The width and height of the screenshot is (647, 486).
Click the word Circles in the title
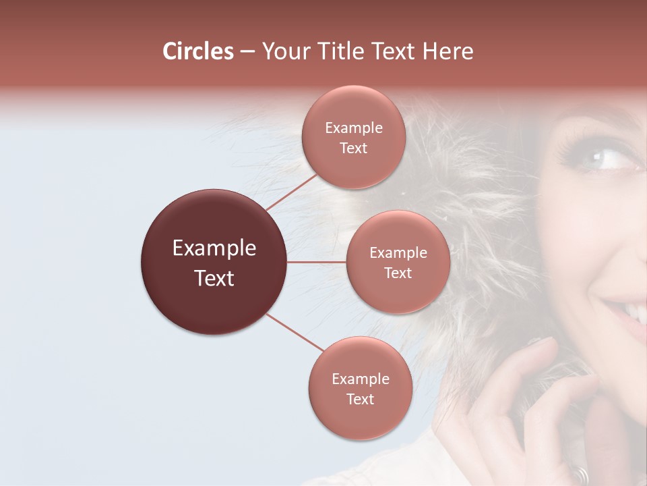click(198, 51)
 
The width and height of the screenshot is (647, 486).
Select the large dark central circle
click(214, 262)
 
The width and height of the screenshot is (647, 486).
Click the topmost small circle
click(354, 137)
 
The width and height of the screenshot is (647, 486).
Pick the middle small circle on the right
click(398, 262)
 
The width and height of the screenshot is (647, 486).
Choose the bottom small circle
click(360, 388)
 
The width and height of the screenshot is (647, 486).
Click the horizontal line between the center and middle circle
click(317, 262)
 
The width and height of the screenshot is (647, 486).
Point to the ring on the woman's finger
click(581, 475)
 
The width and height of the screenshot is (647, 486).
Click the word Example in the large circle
click(214, 248)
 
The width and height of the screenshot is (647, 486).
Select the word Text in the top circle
click(354, 148)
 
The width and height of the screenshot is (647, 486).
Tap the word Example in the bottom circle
click(360, 379)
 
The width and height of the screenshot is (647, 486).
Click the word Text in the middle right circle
click(398, 273)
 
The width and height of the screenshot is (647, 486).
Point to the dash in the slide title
click(247, 52)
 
